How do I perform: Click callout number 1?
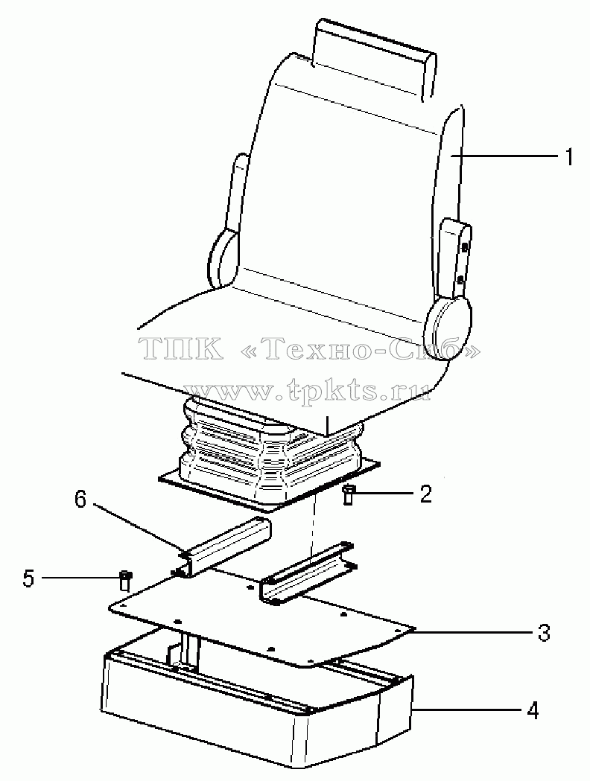(568, 157)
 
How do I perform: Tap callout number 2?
(425, 494)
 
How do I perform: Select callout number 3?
(544, 632)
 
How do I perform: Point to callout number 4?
(533, 711)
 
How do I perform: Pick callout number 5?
(28, 578)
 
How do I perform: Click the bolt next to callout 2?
(349, 496)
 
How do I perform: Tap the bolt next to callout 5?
(126, 581)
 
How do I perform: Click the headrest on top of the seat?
(375, 57)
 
